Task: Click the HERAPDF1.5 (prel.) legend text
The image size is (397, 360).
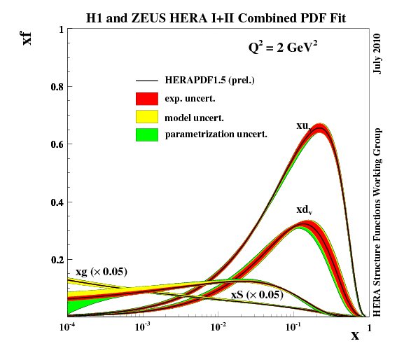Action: [x=209, y=81]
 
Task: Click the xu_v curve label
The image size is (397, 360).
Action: [x=304, y=126]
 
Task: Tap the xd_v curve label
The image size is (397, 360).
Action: [x=304, y=210]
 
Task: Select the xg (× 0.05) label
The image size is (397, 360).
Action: [x=101, y=271]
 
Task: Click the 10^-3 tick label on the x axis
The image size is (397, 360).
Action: [x=143, y=327]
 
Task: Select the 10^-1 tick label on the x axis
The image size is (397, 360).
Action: [x=293, y=327]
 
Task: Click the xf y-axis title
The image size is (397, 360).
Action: [x=27, y=35]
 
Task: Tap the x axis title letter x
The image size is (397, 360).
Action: [x=355, y=335]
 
